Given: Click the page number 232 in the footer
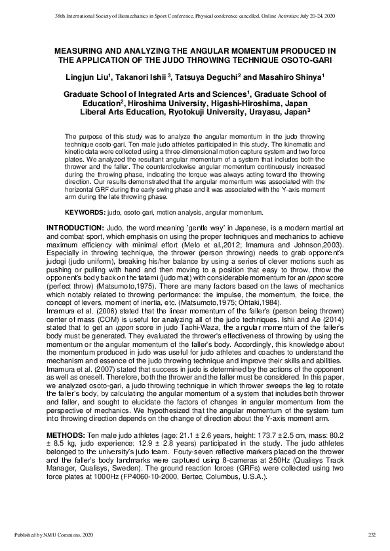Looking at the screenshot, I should pos(371,536).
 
